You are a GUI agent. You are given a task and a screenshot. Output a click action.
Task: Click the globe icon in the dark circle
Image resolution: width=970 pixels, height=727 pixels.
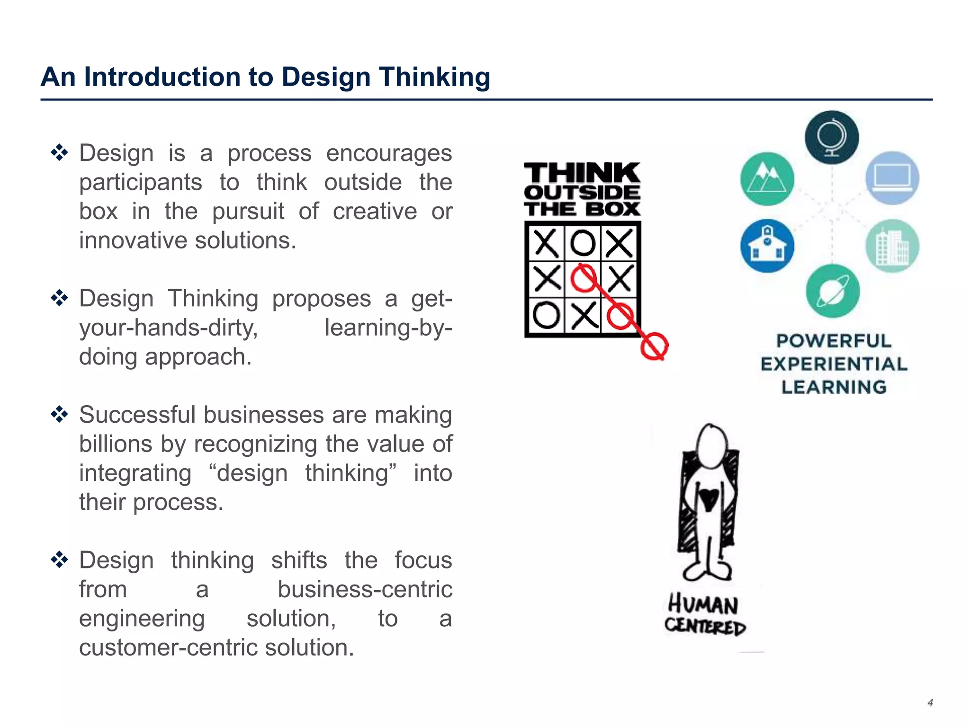tap(832, 137)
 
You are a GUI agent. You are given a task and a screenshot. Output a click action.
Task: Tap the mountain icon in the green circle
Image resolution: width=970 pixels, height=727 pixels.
tap(767, 179)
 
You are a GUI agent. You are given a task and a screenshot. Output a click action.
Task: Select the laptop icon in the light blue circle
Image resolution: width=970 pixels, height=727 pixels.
tap(892, 178)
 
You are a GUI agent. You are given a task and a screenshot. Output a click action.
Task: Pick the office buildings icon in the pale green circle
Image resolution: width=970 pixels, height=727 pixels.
tap(892, 246)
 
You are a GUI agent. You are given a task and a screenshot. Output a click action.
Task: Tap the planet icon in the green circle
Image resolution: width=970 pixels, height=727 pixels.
tap(833, 291)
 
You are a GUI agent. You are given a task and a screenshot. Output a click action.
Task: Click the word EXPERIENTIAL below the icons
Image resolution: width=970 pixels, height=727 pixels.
tap(834, 364)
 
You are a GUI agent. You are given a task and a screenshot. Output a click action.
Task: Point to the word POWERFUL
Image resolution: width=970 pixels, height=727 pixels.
tap(834, 341)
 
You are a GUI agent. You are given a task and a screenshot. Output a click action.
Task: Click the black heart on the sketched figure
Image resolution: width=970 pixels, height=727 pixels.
tap(709, 498)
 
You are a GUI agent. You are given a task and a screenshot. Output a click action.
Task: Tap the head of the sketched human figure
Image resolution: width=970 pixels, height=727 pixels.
tap(711, 445)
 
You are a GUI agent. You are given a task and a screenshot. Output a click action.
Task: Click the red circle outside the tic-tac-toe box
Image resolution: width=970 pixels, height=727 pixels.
tap(654, 346)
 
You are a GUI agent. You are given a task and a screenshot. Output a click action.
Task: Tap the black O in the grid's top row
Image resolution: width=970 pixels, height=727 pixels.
tap(583, 243)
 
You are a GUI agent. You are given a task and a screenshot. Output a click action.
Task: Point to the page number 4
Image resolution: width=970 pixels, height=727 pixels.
tap(930, 703)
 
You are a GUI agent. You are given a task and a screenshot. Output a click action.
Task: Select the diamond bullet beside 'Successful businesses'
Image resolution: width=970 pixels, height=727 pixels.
tap(60, 415)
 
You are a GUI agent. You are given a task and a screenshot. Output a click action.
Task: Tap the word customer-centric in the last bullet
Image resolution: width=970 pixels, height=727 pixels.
tap(168, 647)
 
